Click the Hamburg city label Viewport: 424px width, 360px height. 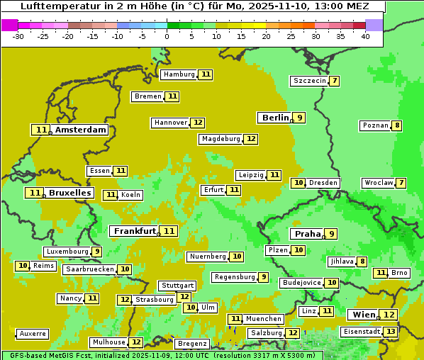click(x=179, y=74)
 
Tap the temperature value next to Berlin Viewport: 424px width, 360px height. click(x=300, y=118)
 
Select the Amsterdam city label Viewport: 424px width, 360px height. click(x=81, y=130)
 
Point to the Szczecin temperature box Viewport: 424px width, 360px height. click(x=334, y=81)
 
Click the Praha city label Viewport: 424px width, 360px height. click(x=308, y=234)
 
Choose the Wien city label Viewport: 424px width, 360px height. click(x=362, y=315)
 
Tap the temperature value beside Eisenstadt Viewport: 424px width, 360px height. click(x=390, y=331)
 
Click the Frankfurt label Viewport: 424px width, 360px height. click(x=135, y=231)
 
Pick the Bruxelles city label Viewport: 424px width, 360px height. click(x=69, y=193)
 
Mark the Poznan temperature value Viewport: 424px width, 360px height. click(x=397, y=125)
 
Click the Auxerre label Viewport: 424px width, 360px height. click(x=33, y=334)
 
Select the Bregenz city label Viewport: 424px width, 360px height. click(x=191, y=344)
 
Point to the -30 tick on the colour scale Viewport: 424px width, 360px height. click(x=18, y=36)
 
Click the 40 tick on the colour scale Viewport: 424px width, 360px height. click(x=364, y=36)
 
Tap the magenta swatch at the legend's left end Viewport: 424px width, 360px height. click(x=9, y=25)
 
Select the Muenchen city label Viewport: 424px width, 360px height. click(x=264, y=319)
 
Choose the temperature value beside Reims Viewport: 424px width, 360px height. click(x=23, y=266)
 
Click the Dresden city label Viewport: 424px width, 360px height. click(x=323, y=183)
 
